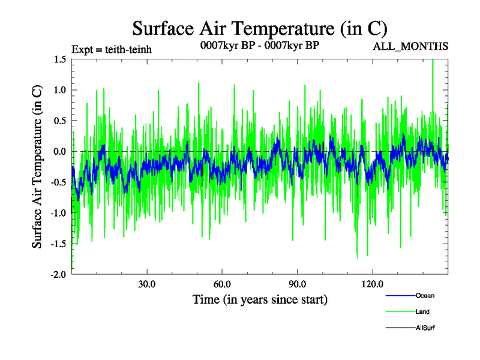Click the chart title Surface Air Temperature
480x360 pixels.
point(259,28)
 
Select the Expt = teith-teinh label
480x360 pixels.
point(111,49)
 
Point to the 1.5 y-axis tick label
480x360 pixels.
point(59,59)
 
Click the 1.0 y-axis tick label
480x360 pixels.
point(59,90)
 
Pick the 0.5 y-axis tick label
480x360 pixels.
point(59,121)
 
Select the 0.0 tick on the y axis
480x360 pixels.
point(59,151)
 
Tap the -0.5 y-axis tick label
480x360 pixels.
point(58,182)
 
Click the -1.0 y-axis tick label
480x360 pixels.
point(58,213)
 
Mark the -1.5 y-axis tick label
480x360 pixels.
point(58,244)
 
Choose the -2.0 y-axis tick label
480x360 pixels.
point(58,274)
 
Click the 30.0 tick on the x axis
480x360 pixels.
point(146,283)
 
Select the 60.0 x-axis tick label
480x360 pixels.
point(222,283)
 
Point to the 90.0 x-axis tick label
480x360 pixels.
point(297,283)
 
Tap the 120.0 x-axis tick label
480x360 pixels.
point(373,283)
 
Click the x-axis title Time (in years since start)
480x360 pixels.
point(260,299)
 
